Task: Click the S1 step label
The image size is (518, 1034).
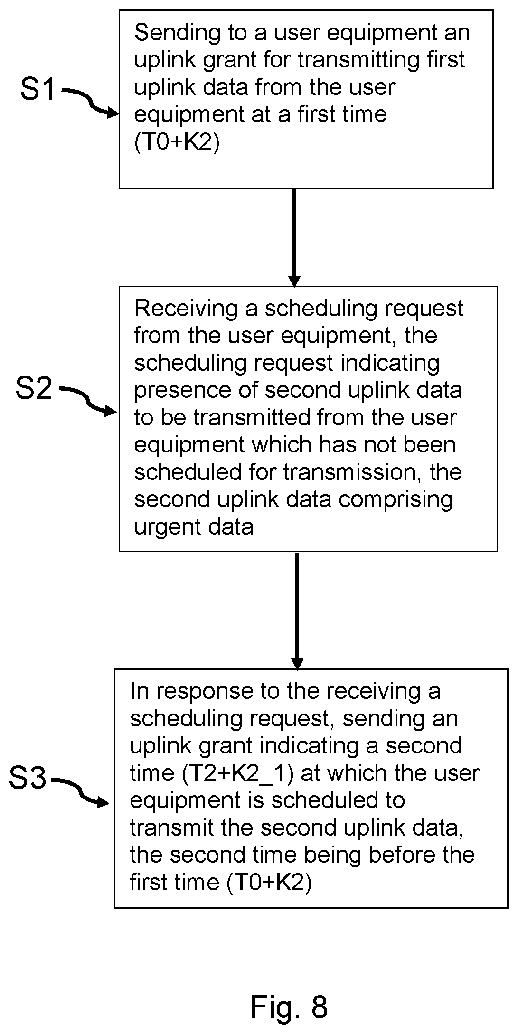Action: [38, 89]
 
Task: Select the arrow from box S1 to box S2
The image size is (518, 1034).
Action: [294, 237]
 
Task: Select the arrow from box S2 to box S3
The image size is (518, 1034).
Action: [297, 611]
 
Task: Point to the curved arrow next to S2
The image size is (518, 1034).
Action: [87, 401]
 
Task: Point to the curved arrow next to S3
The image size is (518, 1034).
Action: [80, 792]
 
